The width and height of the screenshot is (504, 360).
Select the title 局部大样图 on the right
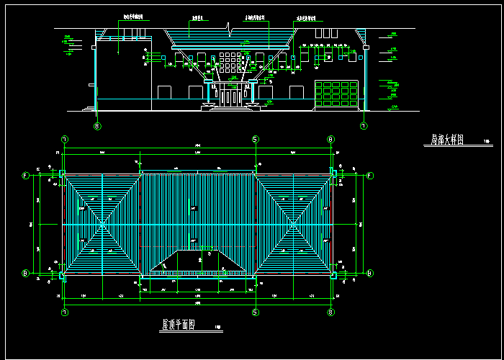447,141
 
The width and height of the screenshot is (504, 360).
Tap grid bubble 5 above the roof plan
254,139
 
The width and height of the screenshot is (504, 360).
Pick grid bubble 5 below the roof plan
254,312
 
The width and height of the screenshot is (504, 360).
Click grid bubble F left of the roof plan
26,176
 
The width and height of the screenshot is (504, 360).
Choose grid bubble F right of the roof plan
370,176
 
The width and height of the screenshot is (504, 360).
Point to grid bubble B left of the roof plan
26,273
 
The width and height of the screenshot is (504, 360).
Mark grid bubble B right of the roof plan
370,273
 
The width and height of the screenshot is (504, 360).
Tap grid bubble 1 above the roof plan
65,139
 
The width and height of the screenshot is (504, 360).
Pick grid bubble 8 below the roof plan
330,312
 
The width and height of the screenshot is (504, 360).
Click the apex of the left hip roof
102,224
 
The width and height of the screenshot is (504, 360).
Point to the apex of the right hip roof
294,224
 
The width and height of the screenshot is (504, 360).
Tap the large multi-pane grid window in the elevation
336,96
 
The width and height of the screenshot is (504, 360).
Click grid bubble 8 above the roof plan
330,139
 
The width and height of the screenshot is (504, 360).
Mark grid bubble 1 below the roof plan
65,312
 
